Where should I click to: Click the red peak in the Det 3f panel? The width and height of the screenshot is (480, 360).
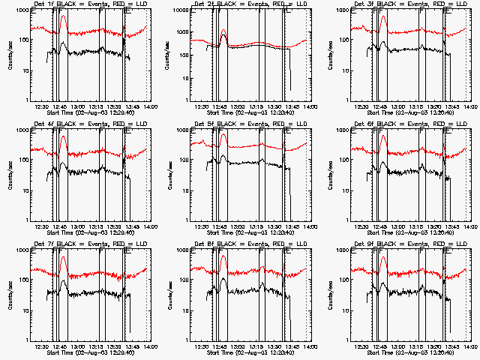tap(384, 16)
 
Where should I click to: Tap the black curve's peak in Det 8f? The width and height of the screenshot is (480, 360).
tap(223, 278)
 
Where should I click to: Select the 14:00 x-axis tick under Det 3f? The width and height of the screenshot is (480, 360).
tap(469, 106)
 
